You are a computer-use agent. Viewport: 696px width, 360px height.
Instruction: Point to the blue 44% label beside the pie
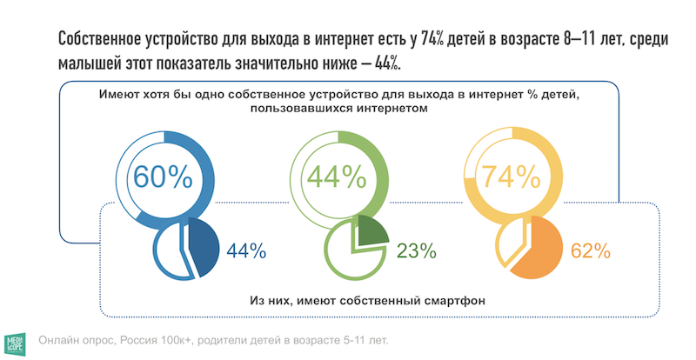click(x=245, y=251)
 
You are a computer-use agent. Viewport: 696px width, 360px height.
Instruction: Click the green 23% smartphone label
click(x=416, y=251)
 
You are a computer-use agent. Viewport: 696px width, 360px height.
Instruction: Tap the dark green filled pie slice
click(x=370, y=233)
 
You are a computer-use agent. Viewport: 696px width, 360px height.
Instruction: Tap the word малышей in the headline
click(x=90, y=64)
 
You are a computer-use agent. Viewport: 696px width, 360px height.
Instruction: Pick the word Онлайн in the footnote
click(x=61, y=339)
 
